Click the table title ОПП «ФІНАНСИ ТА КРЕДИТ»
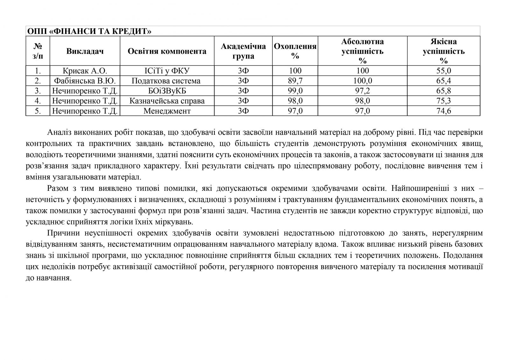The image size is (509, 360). pyautogui.click(x=89, y=31)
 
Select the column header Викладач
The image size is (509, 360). pyautogui.click(x=85, y=51)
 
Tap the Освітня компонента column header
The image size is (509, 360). pyautogui.click(x=167, y=51)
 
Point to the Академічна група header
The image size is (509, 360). pyautogui.click(x=243, y=51)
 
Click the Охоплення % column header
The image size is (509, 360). pyautogui.click(x=295, y=51)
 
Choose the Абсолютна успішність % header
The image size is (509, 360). pyautogui.click(x=362, y=51)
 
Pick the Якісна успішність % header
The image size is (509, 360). pyautogui.click(x=443, y=51)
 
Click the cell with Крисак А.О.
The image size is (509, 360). pyautogui.click(x=85, y=71)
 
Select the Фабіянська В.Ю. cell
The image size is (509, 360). pyautogui.click(x=85, y=81)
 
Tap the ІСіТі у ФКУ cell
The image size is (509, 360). pyautogui.click(x=167, y=71)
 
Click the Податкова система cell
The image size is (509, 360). pyautogui.click(x=167, y=81)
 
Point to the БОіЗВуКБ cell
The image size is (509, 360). pyautogui.click(x=167, y=91)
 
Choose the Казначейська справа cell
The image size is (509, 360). pyautogui.click(x=167, y=101)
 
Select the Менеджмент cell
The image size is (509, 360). pyautogui.click(x=167, y=111)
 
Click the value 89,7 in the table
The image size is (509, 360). pyautogui.click(x=295, y=81)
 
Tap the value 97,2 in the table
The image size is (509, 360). pyautogui.click(x=362, y=91)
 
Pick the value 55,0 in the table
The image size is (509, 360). pyautogui.click(x=443, y=71)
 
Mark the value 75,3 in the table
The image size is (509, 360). pyautogui.click(x=443, y=101)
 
